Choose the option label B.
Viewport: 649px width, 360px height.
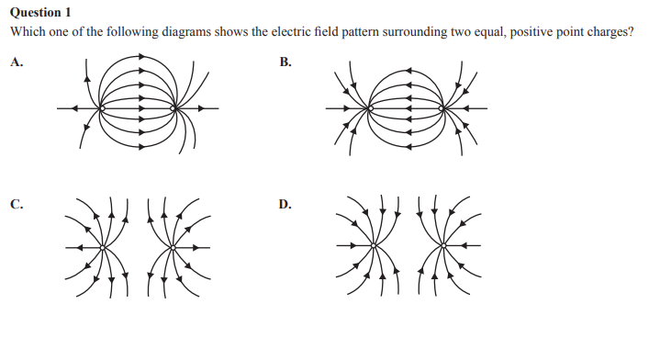pyautogui.click(x=285, y=63)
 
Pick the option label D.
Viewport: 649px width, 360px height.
pyautogui.click(x=285, y=204)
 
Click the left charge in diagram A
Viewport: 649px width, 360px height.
pyautogui.click(x=101, y=108)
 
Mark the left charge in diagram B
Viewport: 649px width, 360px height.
pyautogui.click(x=370, y=108)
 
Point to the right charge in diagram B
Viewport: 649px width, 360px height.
pyautogui.click(x=442, y=108)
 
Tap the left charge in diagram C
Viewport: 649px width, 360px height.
pyautogui.click(x=103, y=246)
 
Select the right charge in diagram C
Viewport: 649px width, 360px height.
pyautogui.click(x=173, y=246)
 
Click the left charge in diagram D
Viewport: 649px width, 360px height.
pyautogui.click(x=374, y=246)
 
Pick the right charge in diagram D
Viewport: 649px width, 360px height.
pyautogui.click(x=443, y=246)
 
